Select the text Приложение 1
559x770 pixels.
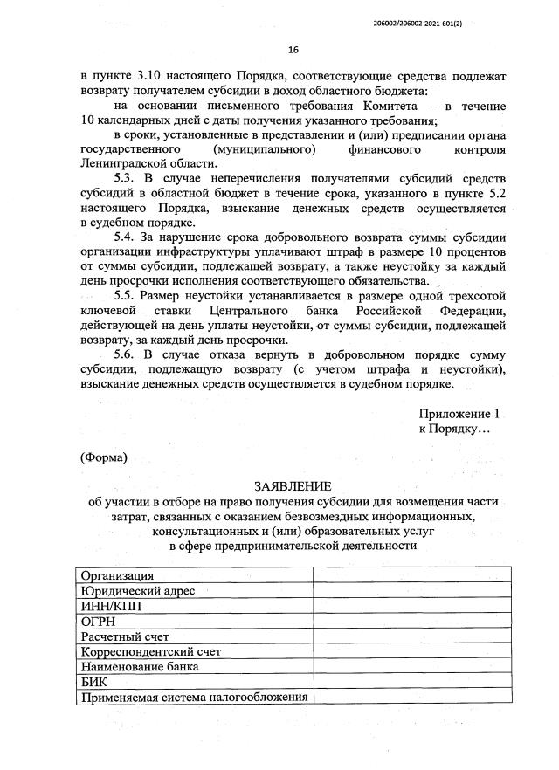[461, 413]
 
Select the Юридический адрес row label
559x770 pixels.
[137, 590]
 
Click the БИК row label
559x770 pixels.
[93, 682]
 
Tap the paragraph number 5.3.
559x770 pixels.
[128, 179]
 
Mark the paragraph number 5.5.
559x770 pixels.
[128, 295]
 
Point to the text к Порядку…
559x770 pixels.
[455, 429]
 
